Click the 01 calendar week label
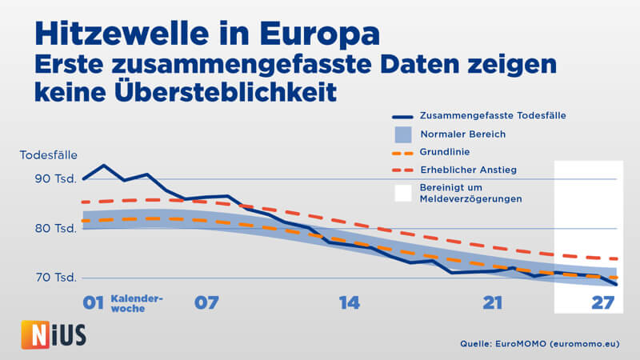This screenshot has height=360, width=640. click(x=94, y=303)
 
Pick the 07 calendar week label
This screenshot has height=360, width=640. click(x=206, y=303)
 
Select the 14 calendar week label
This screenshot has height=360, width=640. click(x=349, y=303)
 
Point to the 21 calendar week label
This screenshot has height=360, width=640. click(x=493, y=303)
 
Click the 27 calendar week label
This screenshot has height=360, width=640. click(x=602, y=303)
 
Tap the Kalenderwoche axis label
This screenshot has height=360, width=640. click(x=137, y=303)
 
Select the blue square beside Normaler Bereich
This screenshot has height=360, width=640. click(x=405, y=134)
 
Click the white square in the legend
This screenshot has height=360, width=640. click(x=405, y=193)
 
